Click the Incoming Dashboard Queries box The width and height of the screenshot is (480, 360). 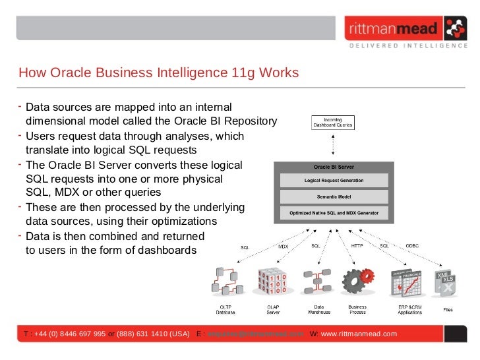333,123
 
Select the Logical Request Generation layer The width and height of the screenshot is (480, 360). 334,180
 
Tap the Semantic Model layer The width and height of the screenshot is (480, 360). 334,196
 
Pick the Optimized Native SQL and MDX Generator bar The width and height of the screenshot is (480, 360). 334,213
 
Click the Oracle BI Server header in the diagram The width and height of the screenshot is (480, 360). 334,167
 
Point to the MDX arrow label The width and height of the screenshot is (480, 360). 284,247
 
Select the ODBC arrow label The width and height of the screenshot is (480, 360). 411,246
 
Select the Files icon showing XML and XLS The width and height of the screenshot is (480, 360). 446,284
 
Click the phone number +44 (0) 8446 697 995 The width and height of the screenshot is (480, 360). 69,334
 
